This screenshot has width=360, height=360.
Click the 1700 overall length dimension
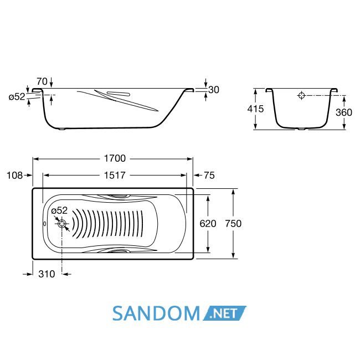click(115, 158)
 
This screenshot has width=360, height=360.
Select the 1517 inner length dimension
click(115, 176)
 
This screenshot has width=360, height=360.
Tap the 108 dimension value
click(15, 176)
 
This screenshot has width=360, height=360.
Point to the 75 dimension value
click(209, 176)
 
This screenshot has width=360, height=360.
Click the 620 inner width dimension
click(208, 223)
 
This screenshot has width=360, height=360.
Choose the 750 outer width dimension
click(233, 223)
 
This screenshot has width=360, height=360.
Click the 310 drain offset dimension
click(47, 274)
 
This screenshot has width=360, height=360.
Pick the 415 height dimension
click(255, 109)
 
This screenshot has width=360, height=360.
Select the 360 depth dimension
click(344, 112)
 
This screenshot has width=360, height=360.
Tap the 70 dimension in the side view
click(42, 81)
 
